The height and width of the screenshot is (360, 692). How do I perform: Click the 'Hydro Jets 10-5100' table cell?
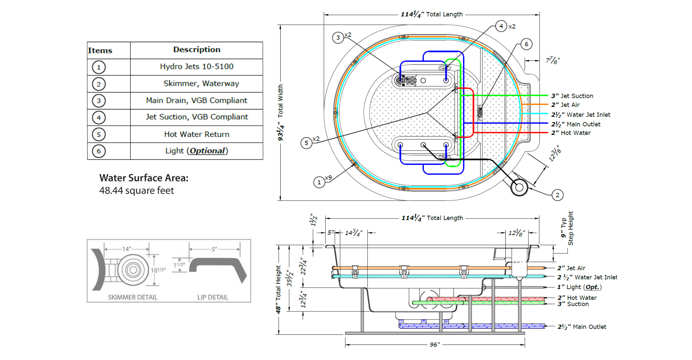coord(196,67)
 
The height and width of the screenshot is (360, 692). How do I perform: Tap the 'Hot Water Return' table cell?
coord(197,134)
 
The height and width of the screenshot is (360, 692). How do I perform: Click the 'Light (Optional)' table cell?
coord(197,151)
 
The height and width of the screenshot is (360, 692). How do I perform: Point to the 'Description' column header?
coord(197,50)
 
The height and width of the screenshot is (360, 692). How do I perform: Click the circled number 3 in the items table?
coord(99,101)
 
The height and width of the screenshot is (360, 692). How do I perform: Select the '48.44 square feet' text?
coord(137,190)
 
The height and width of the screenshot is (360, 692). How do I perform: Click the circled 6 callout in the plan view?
coord(526,44)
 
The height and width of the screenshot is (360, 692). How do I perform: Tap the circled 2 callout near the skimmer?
coord(557,195)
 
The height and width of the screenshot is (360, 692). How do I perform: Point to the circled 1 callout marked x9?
coord(319,182)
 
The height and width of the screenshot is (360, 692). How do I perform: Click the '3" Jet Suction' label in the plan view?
coord(572,96)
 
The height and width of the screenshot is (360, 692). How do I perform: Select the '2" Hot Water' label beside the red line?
coord(571,133)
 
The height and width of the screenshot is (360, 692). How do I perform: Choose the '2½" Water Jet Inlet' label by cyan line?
coord(581,115)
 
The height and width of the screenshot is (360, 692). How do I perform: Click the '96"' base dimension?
coord(435,345)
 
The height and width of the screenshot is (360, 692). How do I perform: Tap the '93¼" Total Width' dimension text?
coord(280,113)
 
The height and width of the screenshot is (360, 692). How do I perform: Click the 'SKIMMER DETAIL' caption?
coord(133,297)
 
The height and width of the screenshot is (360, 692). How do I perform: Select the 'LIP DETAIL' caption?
coord(213,297)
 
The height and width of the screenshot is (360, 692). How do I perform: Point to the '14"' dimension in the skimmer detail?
coord(126,249)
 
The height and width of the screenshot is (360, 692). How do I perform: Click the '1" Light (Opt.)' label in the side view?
coord(579,287)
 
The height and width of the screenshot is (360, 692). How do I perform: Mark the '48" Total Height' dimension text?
coord(278,289)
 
